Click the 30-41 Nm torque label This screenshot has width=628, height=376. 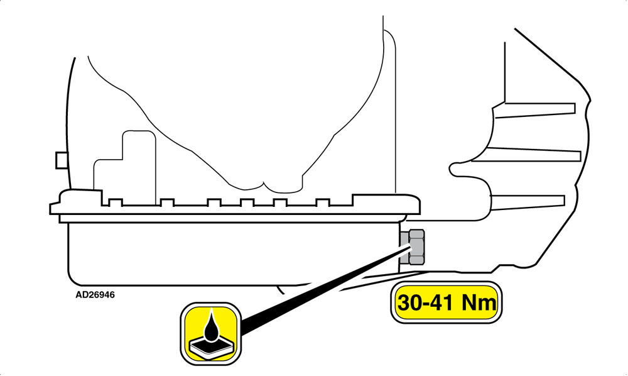tap(446, 302)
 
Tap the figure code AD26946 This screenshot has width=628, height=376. tap(95, 295)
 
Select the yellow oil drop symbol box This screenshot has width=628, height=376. tap(210, 334)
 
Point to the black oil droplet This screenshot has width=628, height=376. tap(210, 326)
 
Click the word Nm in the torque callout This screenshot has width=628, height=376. tap(479, 302)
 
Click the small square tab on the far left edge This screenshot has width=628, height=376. tap(61, 160)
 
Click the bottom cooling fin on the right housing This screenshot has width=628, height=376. tap(528, 202)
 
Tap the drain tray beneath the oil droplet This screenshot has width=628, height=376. tap(211, 347)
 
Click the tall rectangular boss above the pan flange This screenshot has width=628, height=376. tap(139, 167)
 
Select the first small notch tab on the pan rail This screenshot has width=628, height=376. tap(116, 202)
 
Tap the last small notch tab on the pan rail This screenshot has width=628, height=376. tap(323, 202)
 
